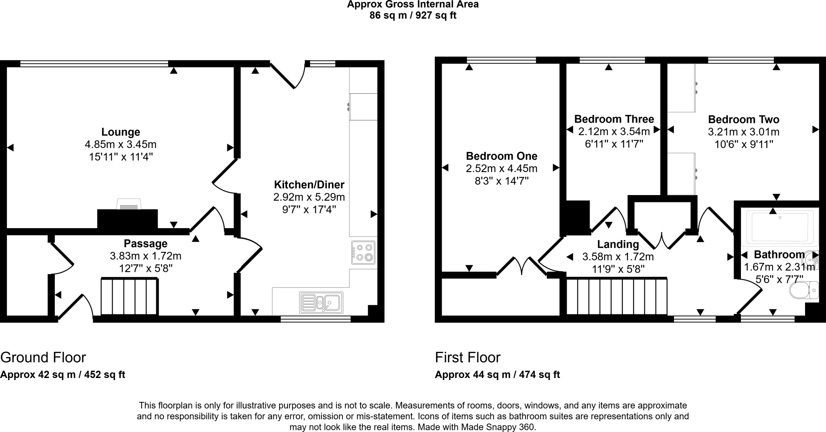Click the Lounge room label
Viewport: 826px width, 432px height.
(121, 132)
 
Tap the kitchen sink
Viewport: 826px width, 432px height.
(321, 303)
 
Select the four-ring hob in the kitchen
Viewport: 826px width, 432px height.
(363, 253)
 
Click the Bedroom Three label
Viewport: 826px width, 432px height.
(614, 119)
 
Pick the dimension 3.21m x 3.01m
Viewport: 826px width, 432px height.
(743, 132)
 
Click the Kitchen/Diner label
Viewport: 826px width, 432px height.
(309, 185)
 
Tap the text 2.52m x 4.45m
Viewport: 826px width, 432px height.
(501, 168)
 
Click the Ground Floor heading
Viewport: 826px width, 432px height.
(43, 357)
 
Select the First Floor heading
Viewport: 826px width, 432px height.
(467, 357)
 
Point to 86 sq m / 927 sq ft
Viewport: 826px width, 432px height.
(413, 16)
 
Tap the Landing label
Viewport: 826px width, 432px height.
(618, 244)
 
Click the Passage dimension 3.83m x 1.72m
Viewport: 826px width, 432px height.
(145, 256)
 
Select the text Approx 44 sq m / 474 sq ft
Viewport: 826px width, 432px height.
(497, 375)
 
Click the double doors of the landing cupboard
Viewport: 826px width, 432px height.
(661, 241)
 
